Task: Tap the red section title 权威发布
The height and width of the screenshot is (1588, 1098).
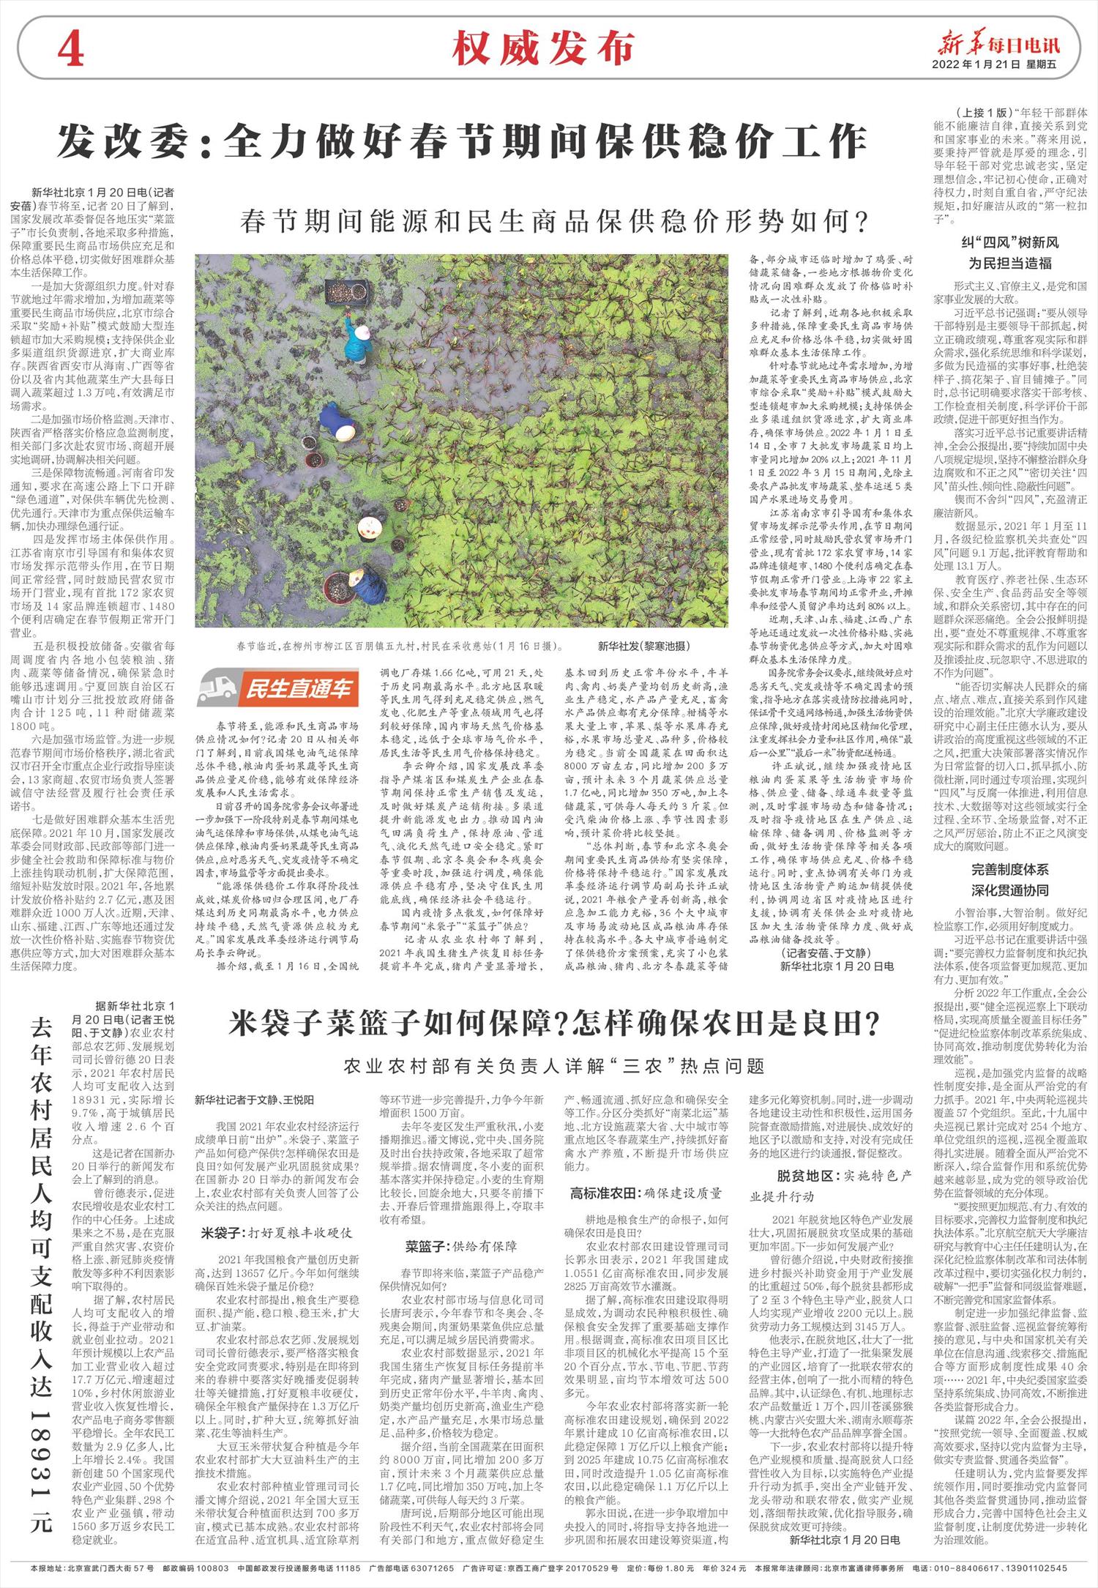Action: coord(543,49)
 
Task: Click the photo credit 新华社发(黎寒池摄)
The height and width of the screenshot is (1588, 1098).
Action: coord(643,646)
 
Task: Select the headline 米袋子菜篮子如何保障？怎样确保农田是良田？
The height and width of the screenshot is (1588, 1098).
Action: coord(553,1022)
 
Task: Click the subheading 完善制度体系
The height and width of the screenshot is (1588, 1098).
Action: coord(1009,869)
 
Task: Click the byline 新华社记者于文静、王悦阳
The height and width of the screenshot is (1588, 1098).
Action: coord(254,1100)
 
